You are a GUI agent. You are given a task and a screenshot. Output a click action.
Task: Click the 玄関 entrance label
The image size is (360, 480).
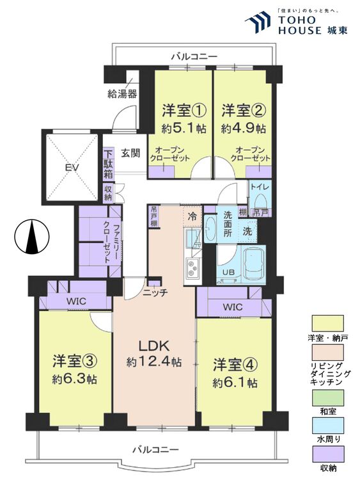tap(130, 154)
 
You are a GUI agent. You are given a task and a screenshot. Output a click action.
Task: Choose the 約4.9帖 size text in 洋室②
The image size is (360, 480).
tap(243, 128)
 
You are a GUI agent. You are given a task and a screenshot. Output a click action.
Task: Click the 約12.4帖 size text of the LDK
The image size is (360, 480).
tap(153, 362)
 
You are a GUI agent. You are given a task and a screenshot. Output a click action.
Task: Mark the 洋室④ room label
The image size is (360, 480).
tap(235, 365)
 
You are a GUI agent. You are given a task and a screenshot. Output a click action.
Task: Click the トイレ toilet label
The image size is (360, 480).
tap(259, 188)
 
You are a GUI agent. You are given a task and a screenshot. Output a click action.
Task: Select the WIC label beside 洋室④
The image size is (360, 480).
tap(232, 307)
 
